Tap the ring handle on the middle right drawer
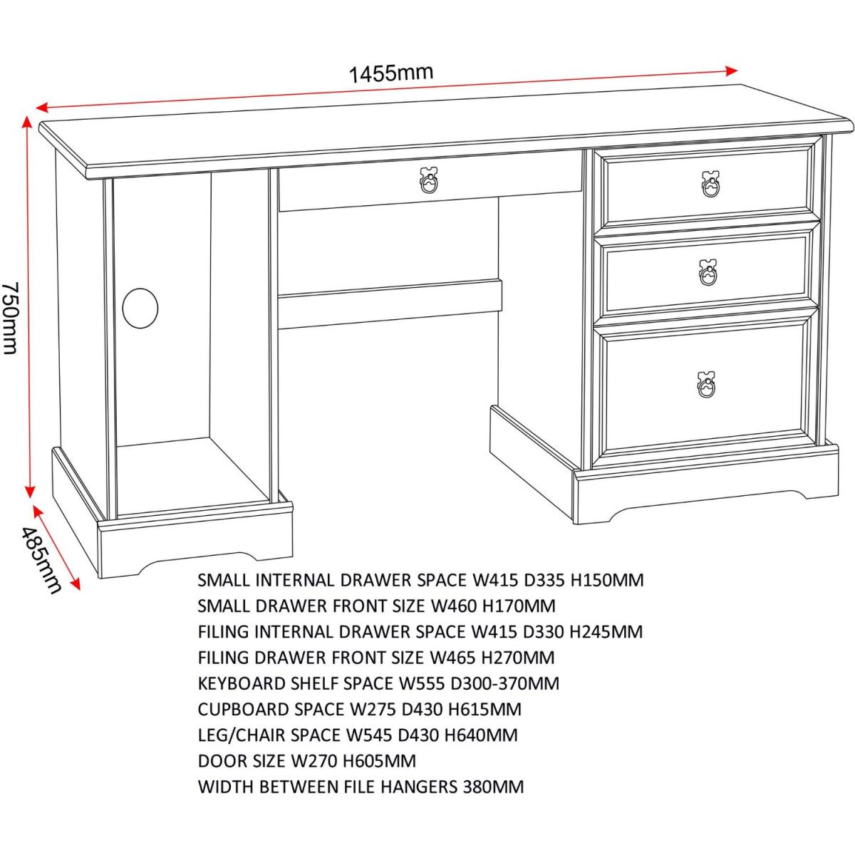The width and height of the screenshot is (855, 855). (x=708, y=273)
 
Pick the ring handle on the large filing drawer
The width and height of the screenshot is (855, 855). (x=706, y=385)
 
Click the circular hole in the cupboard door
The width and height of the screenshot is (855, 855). (x=140, y=309)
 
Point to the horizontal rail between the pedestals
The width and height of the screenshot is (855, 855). (x=390, y=304)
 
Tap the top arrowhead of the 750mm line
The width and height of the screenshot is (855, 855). (x=28, y=122)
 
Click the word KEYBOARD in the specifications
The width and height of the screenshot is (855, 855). (x=242, y=684)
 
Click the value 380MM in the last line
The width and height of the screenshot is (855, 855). (x=493, y=787)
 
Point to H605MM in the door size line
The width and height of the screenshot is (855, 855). (x=380, y=761)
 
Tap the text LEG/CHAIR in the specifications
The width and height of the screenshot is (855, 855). (x=242, y=735)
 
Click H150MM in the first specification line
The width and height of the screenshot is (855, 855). (x=606, y=580)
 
